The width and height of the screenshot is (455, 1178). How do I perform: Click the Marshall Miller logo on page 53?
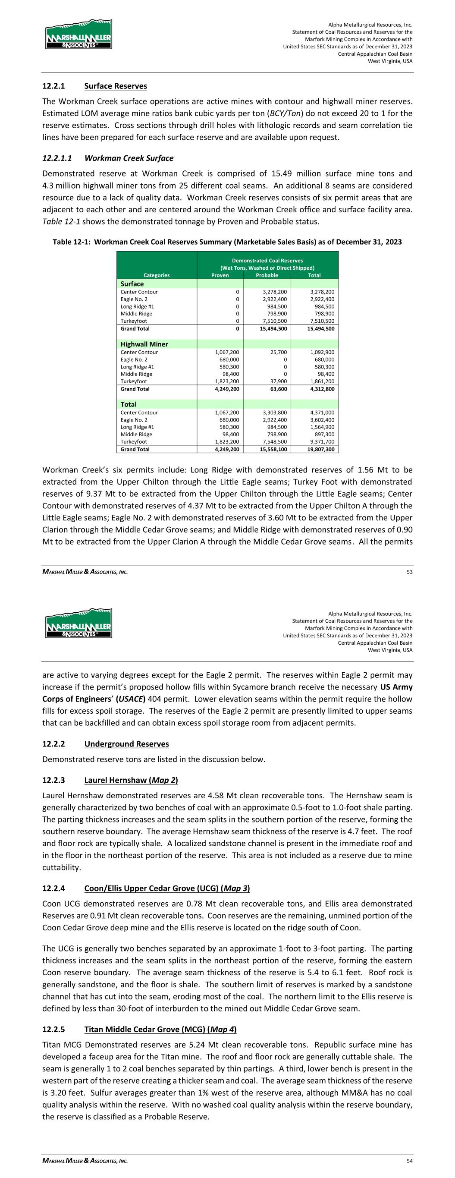click(x=78, y=34)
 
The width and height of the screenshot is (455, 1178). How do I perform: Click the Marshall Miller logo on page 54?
click(x=78, y=623)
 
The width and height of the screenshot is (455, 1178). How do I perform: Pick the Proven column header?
click(x=220, y=275)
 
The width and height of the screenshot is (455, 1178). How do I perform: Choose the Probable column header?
click(x=267, y=275)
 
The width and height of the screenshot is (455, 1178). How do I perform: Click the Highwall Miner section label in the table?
click(x=144, y=344)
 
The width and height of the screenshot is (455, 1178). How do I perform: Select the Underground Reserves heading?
click(x=126, y=743)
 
